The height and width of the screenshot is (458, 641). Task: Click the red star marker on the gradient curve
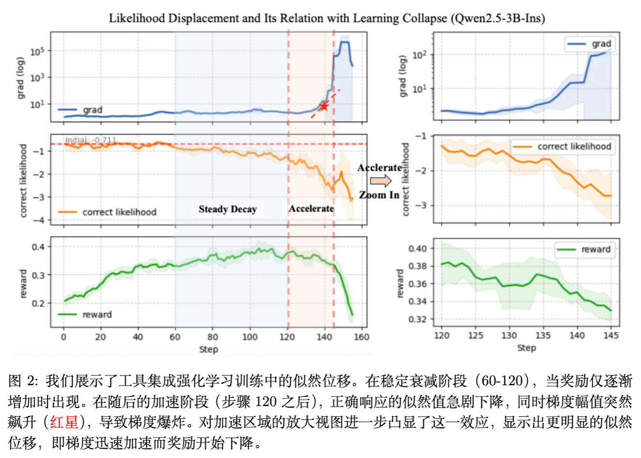click(x=324, y=106)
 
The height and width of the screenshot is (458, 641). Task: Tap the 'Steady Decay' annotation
click(x=227, y=209)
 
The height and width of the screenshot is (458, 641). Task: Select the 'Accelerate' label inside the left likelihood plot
click(x=311, y=209)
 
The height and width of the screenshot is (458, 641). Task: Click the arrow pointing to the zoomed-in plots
click(x=381, y=181)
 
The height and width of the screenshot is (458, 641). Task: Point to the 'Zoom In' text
click(x=379, y=195)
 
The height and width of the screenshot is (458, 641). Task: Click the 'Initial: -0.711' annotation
click(x=91, y=140)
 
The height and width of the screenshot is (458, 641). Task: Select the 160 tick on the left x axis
click(x=361, y=337)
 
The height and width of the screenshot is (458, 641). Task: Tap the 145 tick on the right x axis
click(x=611, y=335)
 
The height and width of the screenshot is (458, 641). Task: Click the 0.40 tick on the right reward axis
click(x=417, y=249)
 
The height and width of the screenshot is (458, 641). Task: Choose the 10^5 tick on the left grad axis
click(x=37, y=51)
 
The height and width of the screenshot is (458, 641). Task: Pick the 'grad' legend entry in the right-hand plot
click(x=590, y=44)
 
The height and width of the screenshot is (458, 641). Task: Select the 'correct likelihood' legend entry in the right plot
click(x=563, y=147)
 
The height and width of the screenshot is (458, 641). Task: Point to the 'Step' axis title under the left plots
click(x=208, y=349)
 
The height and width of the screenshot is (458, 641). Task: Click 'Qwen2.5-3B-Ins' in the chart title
click(x=497, y=18)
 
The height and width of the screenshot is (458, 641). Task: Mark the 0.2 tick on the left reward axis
click(x=38, y=303)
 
